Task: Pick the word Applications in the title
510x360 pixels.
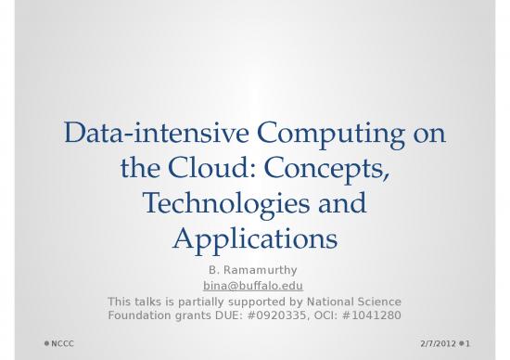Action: click(255, 238)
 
